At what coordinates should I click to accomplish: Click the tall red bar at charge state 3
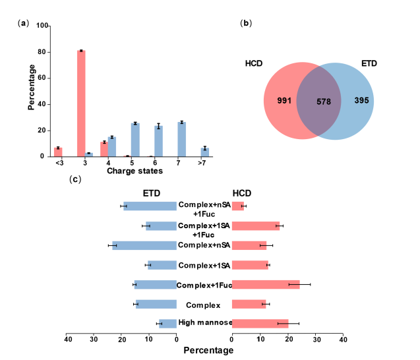click(x=81, y=103)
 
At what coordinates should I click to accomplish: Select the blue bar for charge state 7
click(x=181, y=139)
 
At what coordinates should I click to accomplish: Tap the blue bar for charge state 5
click(x=135, y=140)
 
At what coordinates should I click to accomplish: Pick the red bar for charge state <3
click(x=58, y=152)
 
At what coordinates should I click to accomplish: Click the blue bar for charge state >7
click(x=204, y=152)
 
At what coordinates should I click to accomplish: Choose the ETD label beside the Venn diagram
click(x=369, y=63)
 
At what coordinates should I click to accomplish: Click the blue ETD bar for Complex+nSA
click(x=144, y=245)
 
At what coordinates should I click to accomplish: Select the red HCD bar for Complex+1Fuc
click(x=265, y=284)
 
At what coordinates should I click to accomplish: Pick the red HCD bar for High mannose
click(x=260, y=323)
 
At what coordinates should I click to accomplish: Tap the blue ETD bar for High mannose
click(x=167, y=323)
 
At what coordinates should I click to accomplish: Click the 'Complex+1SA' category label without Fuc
click(x=204, y=265)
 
